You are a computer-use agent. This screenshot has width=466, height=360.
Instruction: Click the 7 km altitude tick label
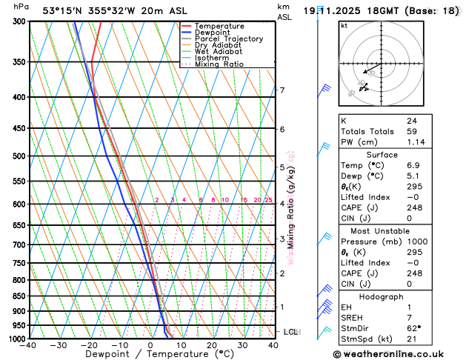click(282, 90)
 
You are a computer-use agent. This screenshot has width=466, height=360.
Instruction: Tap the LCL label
click(290, 332)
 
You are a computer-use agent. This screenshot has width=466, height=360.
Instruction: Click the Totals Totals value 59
click(412, 131)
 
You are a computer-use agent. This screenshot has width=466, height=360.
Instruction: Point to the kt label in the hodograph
click(344, 25)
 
